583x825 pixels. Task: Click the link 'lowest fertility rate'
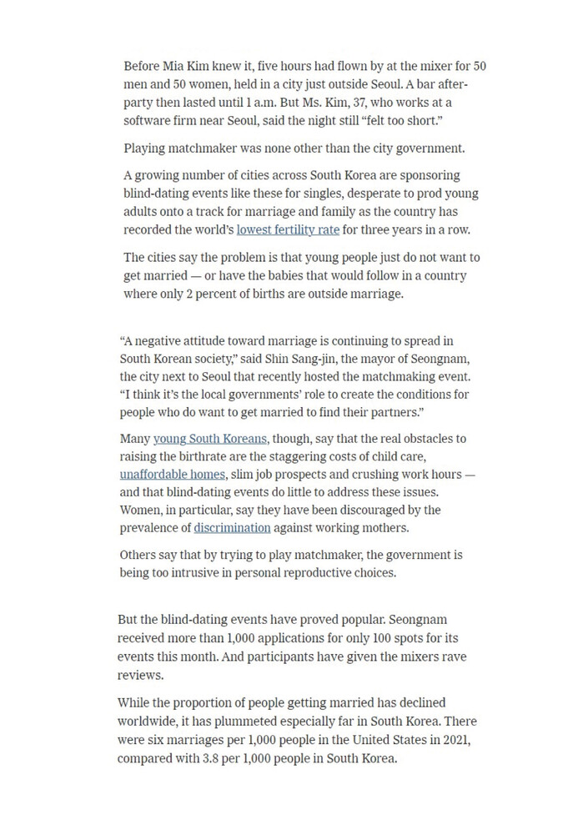[x=287, y=229]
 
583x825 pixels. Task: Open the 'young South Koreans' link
[x=210, y=439]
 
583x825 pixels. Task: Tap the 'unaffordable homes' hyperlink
[x=173, y=474]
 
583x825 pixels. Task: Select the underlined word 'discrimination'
[x=232, y=527]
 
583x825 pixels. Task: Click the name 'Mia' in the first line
[x=176, y=66]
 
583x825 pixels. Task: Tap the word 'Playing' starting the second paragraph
[x=146, y=148]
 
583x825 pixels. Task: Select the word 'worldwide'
[x=147, y=721]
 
